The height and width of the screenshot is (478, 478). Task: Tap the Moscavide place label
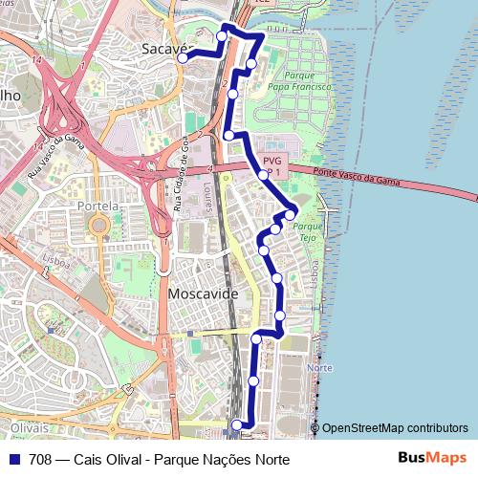coord(203,294)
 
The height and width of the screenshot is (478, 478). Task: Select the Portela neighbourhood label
coord(100,206)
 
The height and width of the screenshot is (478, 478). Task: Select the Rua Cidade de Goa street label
coord(183,173)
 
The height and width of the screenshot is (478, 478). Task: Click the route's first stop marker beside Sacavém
coord(181,57)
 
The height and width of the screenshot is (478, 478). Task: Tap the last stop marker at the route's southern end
coord(237,424)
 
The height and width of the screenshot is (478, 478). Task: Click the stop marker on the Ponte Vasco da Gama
coord(262,175)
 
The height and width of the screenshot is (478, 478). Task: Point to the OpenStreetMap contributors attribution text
coord(395,428)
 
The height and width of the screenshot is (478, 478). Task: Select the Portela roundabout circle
coord(98,227)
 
